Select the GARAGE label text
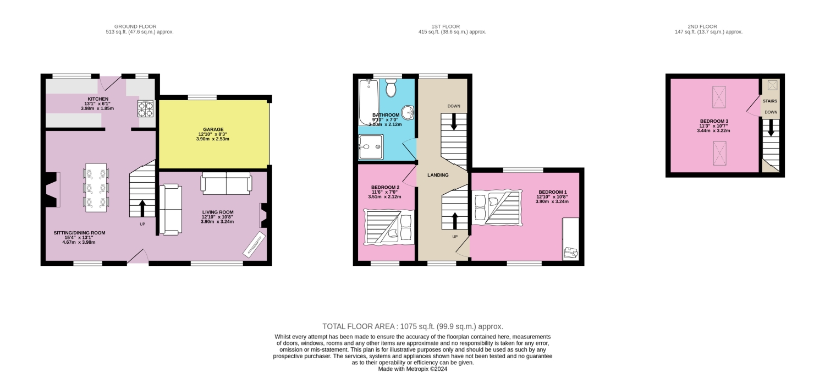[212, 129]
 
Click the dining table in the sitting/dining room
[96, 188]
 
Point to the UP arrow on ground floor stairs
[142, 208]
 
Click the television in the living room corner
[254, 244]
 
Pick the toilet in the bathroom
[391, 88]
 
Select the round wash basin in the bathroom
[408, 113]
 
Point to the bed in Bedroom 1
[496, 207]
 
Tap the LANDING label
[438, 175]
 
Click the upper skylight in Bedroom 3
[719, 97]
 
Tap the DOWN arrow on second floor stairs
[771, 128]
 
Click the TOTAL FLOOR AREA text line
[413, 326]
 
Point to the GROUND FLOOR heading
[135, 26]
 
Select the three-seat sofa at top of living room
[227, 183]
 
